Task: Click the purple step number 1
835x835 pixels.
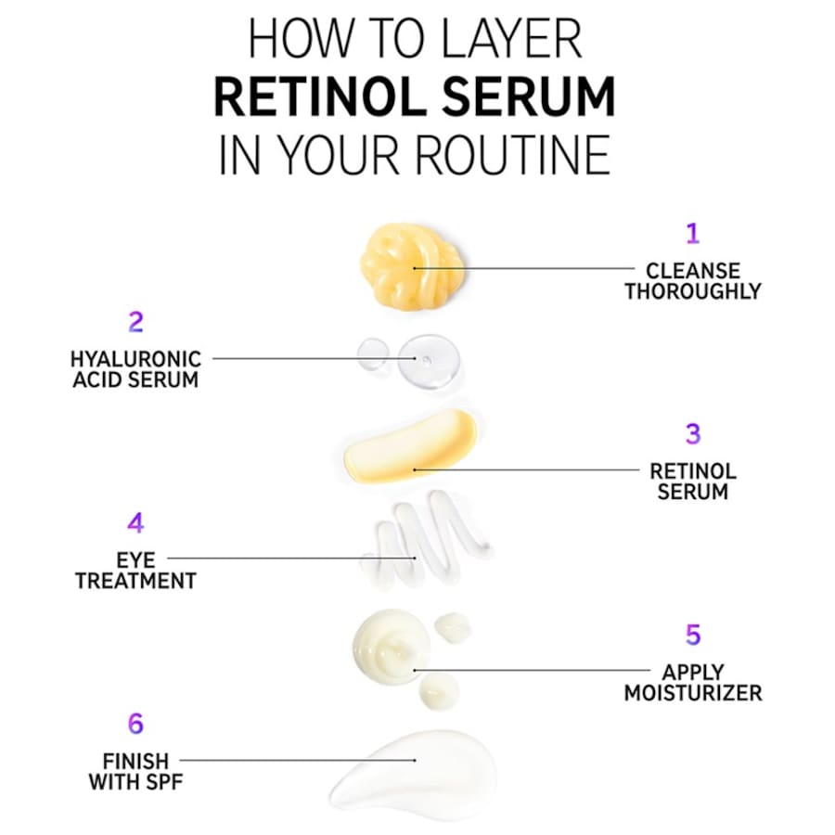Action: (x=691, y=234)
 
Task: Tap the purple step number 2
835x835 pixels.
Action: (x=135, y=323)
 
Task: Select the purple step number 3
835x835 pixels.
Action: (x=692, y=434)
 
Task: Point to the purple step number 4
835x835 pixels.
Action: (x=135, y=523)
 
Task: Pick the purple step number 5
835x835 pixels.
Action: (x=692, y=636)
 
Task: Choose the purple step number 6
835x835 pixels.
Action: (x=135, y=724)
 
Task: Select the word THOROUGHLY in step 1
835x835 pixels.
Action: (x=692, y=291)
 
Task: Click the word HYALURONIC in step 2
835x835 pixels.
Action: (x=135, y=359)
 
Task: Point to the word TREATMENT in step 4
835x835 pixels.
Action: (x=135, y=582)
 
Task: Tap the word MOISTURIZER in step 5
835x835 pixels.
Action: (x=692, y=693)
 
